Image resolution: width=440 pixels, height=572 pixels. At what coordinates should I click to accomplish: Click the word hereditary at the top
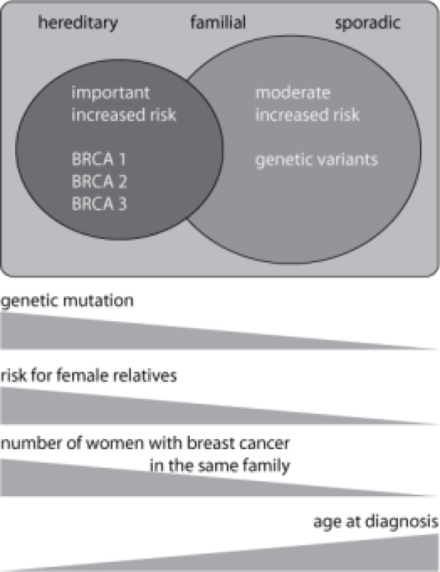77,24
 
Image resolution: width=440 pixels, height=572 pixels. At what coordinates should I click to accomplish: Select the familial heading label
217,24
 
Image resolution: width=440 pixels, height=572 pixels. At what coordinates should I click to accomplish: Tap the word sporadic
368,24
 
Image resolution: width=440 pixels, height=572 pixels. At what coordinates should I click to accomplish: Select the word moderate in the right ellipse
292,94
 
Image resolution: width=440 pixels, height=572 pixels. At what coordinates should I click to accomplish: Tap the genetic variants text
317,160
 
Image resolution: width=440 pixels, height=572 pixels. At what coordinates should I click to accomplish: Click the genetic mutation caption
67,300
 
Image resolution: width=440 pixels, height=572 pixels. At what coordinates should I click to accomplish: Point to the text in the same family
220,467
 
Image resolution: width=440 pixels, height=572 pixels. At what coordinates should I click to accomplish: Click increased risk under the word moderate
308,115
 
